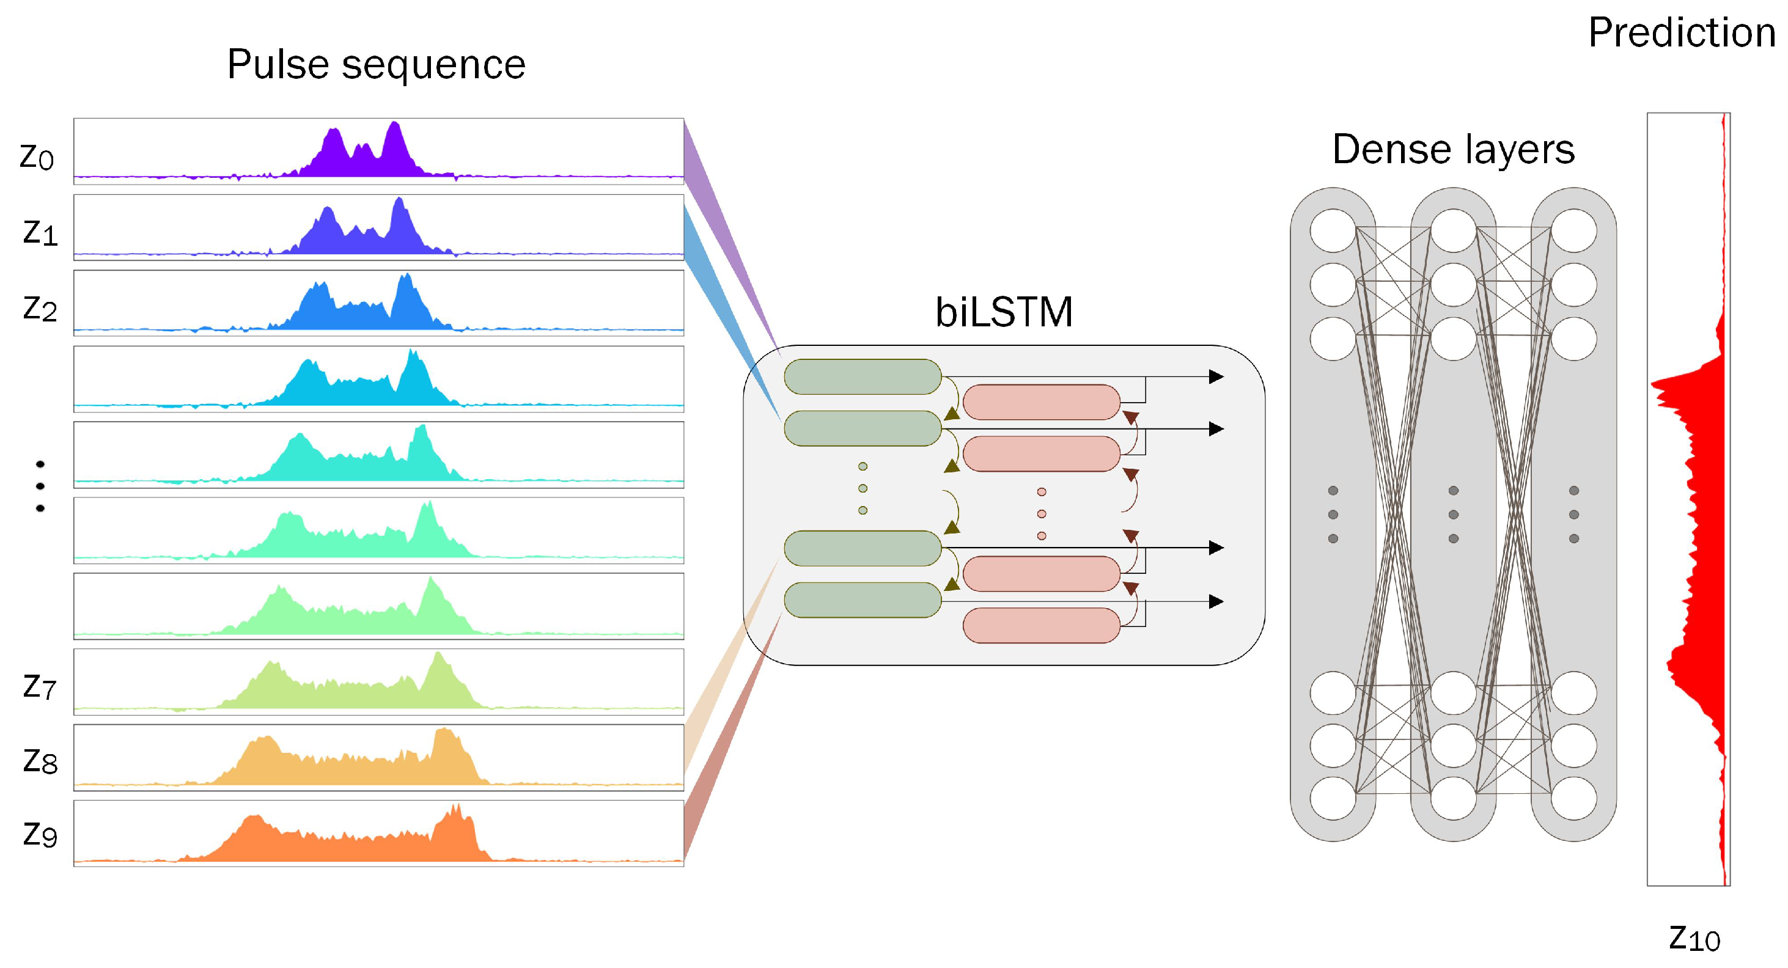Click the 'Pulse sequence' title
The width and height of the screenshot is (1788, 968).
(376, 65)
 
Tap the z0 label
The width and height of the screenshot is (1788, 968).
(37, 157)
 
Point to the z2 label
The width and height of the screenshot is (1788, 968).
(40, 308)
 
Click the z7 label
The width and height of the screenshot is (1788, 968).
(40, 686)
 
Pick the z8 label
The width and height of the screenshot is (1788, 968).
(40, 761)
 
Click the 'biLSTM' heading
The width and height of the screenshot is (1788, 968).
(1004, 312)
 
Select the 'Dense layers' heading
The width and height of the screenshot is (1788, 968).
(1453, 149)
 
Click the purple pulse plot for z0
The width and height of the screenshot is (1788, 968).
(378, 152)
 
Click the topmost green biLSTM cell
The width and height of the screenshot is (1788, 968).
(862, 377)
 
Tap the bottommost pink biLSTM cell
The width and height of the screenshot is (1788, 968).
(1041, 625)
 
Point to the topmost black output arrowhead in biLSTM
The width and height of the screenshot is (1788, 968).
(1216, 377)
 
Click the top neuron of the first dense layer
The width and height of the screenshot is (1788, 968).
(1333, 230)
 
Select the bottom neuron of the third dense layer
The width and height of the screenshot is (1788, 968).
(1573, 798)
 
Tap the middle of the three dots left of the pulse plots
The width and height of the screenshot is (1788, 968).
(40, 486)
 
